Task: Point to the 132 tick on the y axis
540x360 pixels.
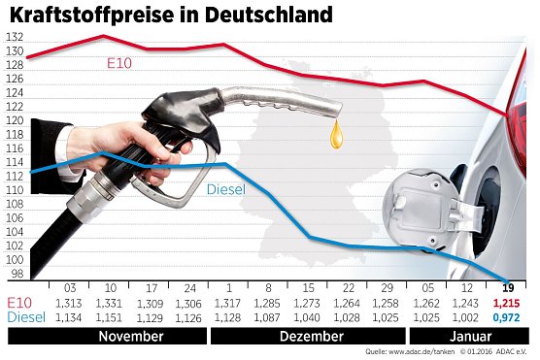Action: click(14, 37)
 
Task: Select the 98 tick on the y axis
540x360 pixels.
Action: click(16, 275)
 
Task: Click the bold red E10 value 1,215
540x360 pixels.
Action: click(507, 302)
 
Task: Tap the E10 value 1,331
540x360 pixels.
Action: click(109, 302)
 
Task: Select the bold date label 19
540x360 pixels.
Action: click(507, 288)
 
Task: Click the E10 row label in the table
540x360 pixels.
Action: click(19, 302)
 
